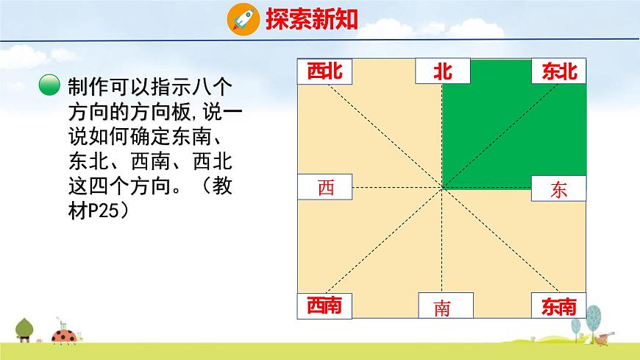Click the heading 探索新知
[311, 19]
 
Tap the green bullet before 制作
[50, 86]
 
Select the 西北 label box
[324, 71]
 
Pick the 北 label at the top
[442, 71]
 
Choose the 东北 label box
[559, 71]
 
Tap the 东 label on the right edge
[559, 189]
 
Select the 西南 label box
[324, 306]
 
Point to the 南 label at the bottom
[442, 307]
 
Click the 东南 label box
[559, 306]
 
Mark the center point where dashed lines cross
[442, 188]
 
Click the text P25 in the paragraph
[105, 211]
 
